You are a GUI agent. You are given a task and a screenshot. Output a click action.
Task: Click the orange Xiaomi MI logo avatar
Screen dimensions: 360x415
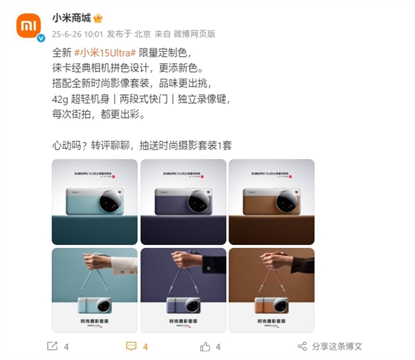[28, 26]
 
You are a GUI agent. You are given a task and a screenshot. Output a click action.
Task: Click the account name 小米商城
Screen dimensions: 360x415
[71, 17]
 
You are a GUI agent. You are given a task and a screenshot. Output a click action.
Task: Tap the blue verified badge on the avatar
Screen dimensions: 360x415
[40, 39]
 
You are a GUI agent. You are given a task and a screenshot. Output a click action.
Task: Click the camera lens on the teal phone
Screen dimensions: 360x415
[111, 201]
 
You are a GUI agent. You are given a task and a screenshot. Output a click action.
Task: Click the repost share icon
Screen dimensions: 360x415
[51, 346]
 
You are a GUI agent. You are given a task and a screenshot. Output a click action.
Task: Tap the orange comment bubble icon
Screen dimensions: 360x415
[131, 346]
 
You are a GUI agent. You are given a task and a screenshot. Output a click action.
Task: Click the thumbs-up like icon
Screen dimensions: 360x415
[205, 346]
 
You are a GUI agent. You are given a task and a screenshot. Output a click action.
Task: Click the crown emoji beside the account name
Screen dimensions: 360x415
[98, 17]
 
